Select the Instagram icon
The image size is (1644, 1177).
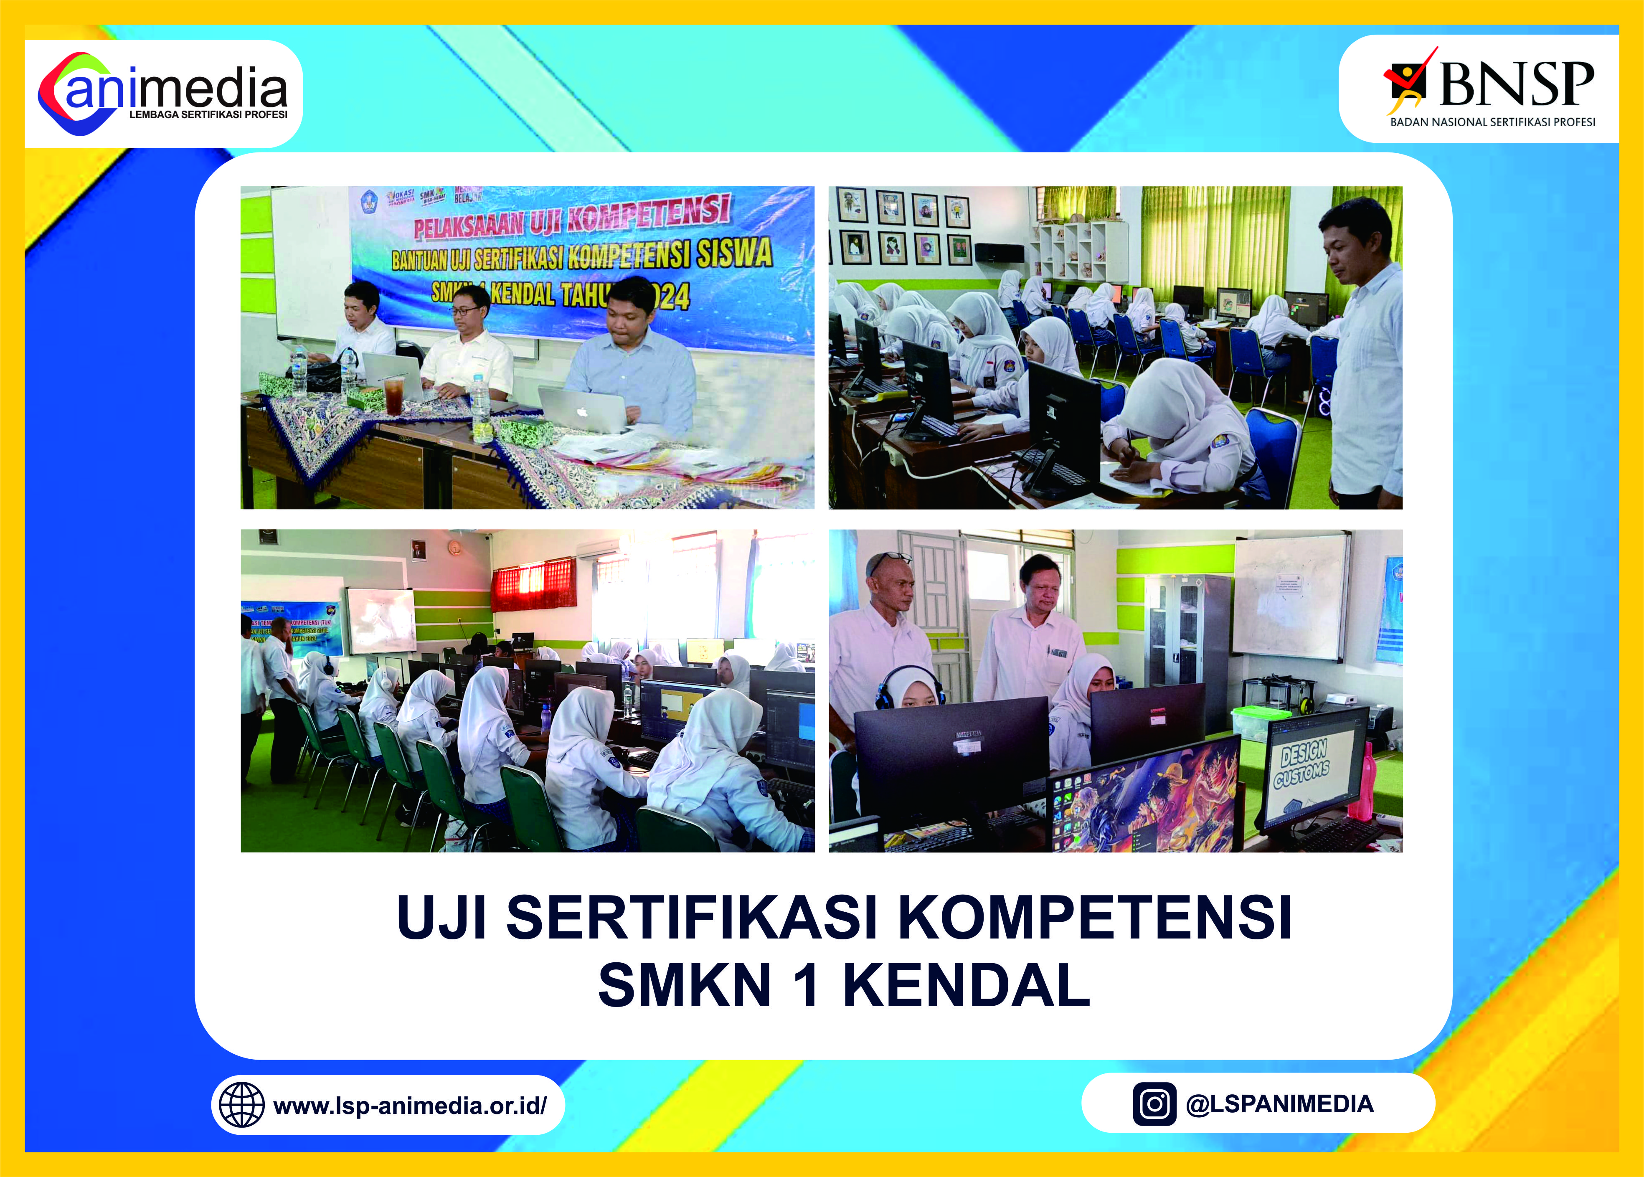[1154, 1104]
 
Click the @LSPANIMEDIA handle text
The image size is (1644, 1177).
[1279, 1104]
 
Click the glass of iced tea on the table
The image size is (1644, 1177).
[393, 395]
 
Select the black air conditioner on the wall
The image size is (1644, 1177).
[999, 252]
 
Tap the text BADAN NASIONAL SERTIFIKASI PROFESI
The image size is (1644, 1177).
[1492, 122]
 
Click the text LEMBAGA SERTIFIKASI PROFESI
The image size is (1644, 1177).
[208, 114]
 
